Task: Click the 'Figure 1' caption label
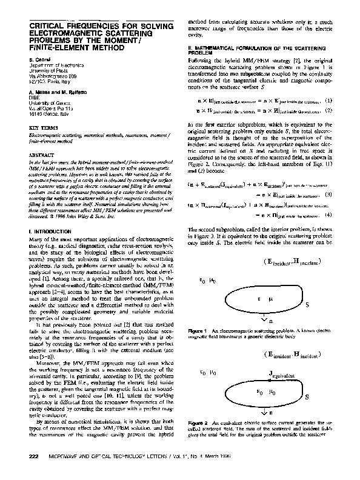(198, 332)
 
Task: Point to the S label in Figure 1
(307, 305)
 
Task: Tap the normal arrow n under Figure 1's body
(265, 319)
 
